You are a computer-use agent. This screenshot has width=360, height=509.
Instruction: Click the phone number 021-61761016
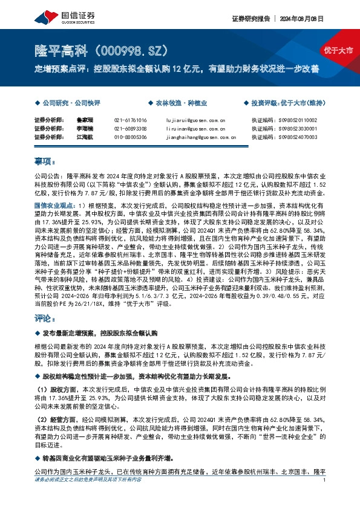(x=130, y=120)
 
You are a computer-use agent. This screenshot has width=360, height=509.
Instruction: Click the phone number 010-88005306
(x=130, y=137)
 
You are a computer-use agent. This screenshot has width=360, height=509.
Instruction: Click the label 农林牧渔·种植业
(x=175, y=103)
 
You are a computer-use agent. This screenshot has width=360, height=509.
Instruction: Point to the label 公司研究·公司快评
(x=62, y=103)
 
